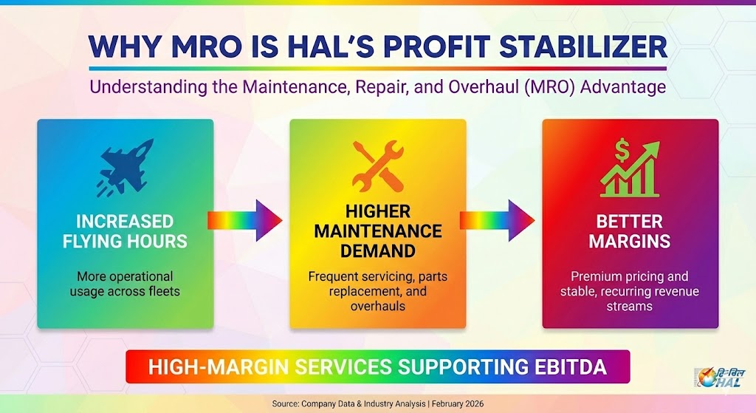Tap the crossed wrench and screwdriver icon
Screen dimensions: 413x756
pos(377,166)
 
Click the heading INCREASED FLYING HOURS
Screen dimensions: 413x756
pos(125,231)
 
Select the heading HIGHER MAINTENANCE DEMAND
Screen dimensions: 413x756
pos(377,231)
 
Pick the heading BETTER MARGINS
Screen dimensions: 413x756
pos(630,231)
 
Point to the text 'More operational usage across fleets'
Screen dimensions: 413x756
pos(125,284)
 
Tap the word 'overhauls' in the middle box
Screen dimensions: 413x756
pos(377,304)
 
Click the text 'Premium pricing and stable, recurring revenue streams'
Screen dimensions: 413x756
pos(630,290)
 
